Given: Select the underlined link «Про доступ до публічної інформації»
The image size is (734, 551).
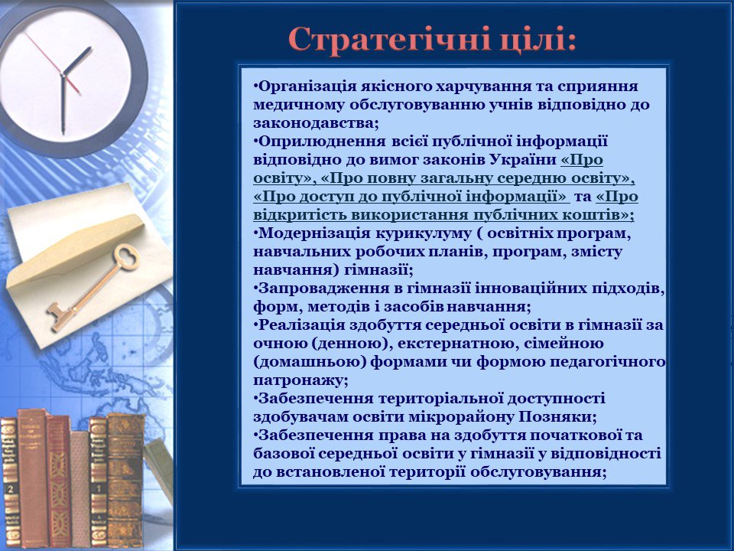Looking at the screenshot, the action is click(x=411, y=197).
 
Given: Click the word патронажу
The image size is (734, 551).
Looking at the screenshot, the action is click(x=299, y=380).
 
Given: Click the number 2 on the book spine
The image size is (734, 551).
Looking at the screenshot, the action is click(x=11, y=489).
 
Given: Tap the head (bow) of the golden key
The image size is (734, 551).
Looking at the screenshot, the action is click(x=126, y=257).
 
